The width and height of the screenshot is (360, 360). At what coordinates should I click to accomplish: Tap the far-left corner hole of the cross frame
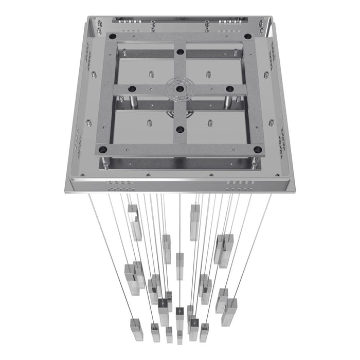pos(113,37)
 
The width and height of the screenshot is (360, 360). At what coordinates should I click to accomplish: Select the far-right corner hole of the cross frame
pos(247,37)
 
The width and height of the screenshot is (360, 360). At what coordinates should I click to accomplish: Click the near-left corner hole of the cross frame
pos(102,149)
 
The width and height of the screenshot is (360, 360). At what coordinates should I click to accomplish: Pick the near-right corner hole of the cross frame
pos(258,149)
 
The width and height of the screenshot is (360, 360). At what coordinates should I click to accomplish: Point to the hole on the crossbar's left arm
pos(131,88)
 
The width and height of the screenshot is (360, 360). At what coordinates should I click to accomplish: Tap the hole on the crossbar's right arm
pos(229,88)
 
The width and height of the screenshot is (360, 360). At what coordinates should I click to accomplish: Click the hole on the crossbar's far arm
pos(180,51)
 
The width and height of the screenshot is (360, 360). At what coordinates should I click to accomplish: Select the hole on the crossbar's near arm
pos(180,129)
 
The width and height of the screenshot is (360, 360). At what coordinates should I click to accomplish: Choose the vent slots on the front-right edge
pos(240,183)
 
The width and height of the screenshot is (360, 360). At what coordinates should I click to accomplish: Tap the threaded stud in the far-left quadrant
pos(152,73)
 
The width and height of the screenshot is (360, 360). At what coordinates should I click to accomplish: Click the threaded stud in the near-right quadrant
pos(210,122)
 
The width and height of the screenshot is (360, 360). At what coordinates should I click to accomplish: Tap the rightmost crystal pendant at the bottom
pos(229,312)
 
